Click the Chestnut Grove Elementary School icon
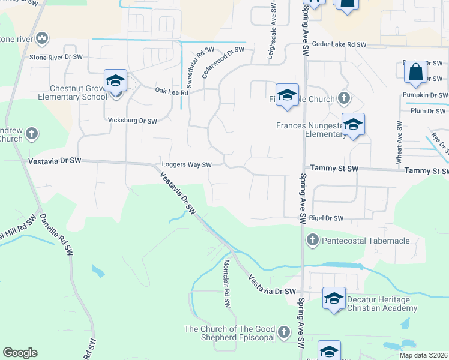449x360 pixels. pos(116,81)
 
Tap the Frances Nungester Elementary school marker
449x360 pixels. pos(353,124)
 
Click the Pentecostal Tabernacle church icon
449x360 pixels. pos(312,241)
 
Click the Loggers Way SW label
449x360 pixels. pos(187,165)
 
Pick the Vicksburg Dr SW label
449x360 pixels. pos(132,121)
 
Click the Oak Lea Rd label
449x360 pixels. pos(172,92)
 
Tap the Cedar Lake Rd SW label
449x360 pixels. pos(339,45)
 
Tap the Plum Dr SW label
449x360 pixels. pos(429,111)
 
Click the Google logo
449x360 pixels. pos(20,352)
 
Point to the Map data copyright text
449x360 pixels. pos(423,355)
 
